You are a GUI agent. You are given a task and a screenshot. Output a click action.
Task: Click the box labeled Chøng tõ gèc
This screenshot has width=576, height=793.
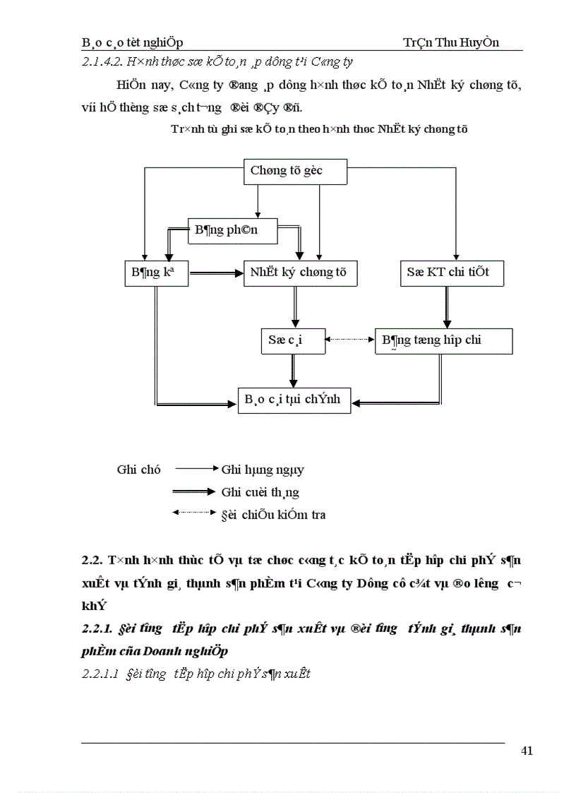click(296, 171)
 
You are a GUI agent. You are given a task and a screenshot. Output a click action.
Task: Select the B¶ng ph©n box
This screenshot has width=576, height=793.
click(232, 230)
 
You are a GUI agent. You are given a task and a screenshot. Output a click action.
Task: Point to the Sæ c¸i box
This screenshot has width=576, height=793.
click(292, 340)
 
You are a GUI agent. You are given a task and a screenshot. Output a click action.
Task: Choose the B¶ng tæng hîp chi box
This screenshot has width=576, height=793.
click(443, 340)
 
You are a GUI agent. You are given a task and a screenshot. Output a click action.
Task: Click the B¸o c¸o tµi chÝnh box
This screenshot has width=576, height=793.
click(293, 400)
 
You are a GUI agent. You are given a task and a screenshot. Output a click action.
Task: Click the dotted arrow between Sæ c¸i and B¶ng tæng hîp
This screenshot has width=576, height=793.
click(349, 340)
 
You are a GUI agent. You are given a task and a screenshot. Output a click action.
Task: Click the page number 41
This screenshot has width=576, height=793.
click(527, 751)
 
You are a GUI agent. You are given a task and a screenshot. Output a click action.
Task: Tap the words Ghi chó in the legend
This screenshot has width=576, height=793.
click(138, 470)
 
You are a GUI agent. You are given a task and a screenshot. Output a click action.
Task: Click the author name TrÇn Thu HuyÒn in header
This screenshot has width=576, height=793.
click(450, 42)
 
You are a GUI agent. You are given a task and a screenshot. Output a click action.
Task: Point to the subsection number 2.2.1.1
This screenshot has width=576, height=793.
click(100, 674)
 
